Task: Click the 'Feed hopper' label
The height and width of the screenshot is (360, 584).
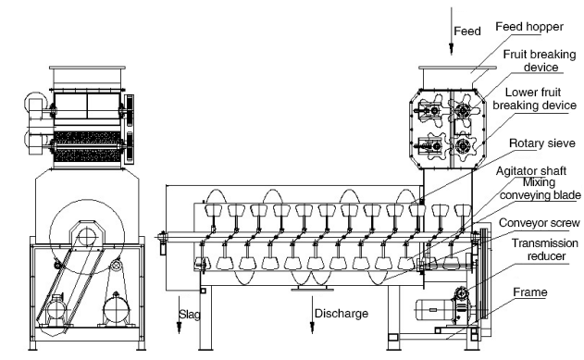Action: pyautogui.click(x=529, y=27)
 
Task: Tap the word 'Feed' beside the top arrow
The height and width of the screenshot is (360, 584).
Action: pyautogui.click(x=467, y=31)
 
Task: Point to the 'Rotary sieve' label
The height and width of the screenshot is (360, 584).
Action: pyautogui.click(x=542, y=143)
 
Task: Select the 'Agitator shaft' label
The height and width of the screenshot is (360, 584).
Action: pyautogui.click(x=531, y=171)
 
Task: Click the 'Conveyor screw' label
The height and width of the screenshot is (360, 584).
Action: pyautogui.click(x=540, y=223)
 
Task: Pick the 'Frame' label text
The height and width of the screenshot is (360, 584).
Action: pyautogui.click(x=530, y=292)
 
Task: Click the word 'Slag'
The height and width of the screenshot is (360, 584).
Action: pyautogui.click(x=189, y=315)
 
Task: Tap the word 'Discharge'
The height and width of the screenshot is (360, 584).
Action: pyautogui.click(x=342, y=314)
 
